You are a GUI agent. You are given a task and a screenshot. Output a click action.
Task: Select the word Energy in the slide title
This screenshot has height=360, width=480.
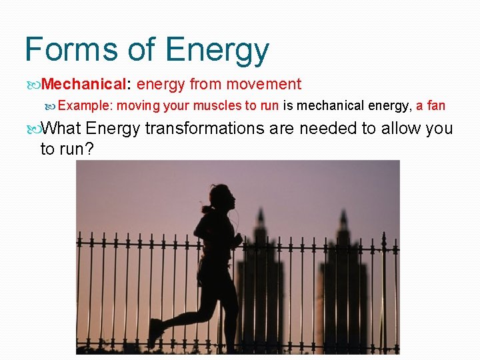(217, 50)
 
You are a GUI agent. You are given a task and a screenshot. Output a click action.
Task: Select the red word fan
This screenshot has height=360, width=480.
(436, 105)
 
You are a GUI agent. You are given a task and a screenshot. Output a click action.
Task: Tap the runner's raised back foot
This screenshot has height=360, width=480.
(155, 332)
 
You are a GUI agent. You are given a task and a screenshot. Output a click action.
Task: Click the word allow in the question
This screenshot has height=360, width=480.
(396, 128)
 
